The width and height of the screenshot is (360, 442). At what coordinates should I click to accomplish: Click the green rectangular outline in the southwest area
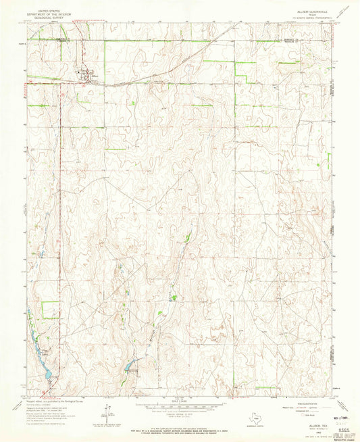(50, 310)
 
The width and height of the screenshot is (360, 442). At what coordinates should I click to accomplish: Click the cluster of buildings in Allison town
(84, 75)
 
